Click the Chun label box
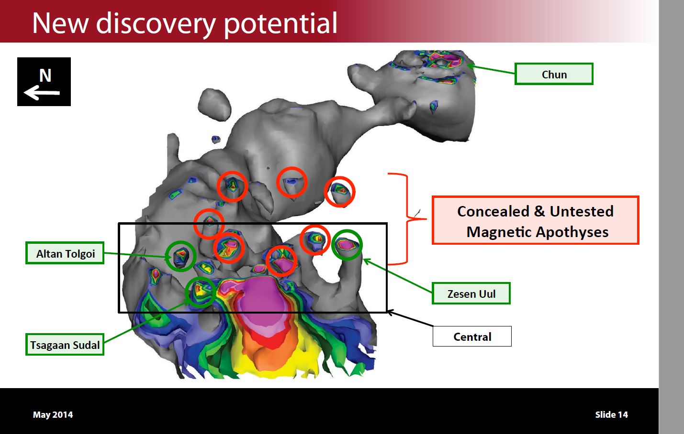[x=554, y=74]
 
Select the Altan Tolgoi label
[x=65, y=253]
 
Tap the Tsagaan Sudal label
[x=65, y=344]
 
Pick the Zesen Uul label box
[x=471, y=293]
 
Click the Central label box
[x=472, y=336]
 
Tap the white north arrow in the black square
[x=42, y=93]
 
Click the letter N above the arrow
[x=45, y=76]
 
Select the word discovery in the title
[x=156, y=24]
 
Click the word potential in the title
[x=280, y=24]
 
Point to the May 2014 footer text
[x=53, y=415]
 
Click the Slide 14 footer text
[x=612, y=414]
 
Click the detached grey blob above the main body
[x=214, y=104]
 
